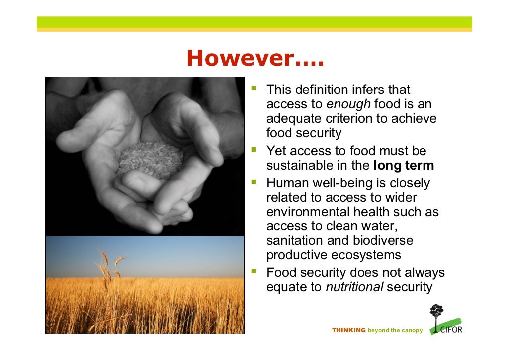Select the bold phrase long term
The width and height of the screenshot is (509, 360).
pos(403,166)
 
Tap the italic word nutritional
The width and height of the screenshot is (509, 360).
pos(354,287)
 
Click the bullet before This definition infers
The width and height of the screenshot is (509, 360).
pos(254,89)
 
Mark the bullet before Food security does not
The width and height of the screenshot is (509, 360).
pos(254,272)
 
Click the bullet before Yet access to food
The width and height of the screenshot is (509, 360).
pos(254,150)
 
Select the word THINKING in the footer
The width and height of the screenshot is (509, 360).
pos(348,330)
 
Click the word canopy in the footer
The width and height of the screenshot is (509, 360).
pos(412,330)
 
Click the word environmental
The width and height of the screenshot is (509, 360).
pos(308,212)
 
